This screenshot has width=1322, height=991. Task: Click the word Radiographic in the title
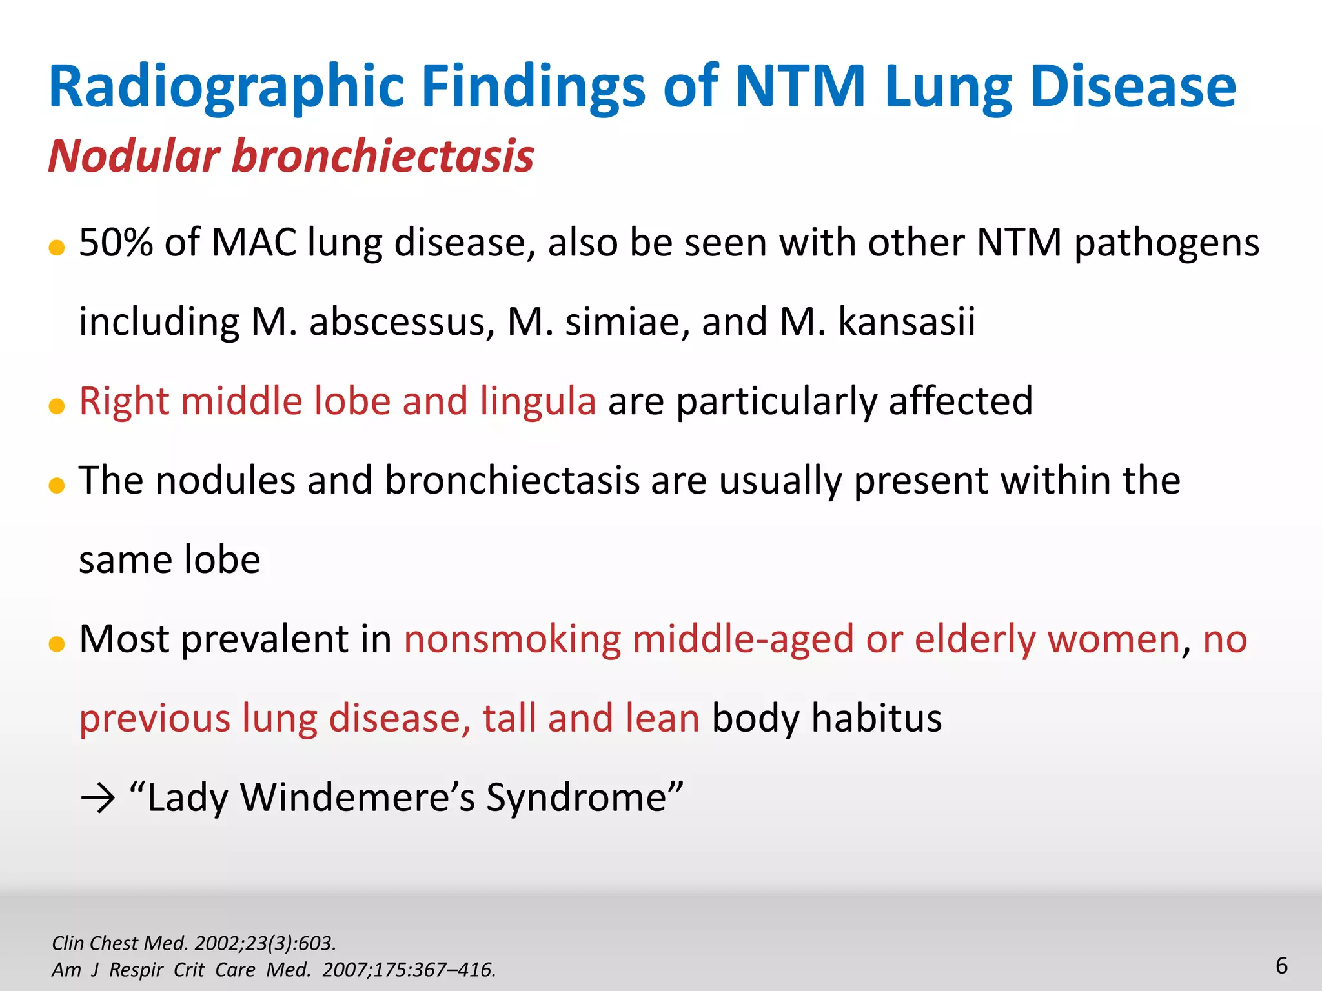tap(226, 87)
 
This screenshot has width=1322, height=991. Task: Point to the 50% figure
tap(116, 243)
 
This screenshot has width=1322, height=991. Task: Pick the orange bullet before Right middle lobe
tap(57, 406)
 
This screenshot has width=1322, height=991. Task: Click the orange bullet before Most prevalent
tap(57, 643)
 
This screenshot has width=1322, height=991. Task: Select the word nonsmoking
tap(513, 639)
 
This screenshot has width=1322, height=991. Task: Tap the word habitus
tap(876, 718)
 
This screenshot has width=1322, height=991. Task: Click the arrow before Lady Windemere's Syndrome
tap(97, 799)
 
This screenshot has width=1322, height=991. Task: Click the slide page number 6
tap(1281, 966)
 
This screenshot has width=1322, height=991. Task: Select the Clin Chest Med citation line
tap(194, 943)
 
